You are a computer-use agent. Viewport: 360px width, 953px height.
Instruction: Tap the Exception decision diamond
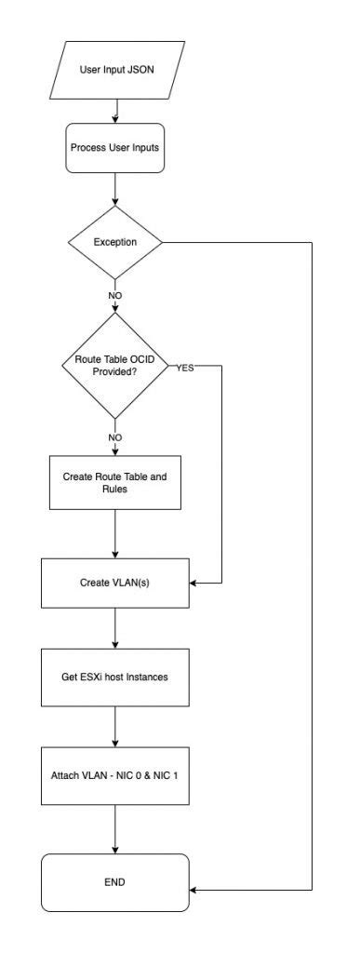(115, 242)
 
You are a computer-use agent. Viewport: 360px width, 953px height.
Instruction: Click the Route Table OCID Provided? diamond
(115, 366)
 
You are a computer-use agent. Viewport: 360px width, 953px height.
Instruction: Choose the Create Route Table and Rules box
(115, 482)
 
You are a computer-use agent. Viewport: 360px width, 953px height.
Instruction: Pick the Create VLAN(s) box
(115, 584)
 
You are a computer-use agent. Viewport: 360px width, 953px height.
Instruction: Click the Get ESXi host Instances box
(115, 669)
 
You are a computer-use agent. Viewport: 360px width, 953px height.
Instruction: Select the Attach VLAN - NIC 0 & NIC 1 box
(115, 773)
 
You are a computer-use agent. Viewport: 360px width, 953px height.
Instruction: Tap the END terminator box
(115, 881)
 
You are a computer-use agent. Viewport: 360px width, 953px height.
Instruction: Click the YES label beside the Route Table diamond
(184, 368)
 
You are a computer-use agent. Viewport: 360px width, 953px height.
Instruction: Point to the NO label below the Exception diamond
(115, 295)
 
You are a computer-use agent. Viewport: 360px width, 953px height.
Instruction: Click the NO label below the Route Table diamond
(115, 435)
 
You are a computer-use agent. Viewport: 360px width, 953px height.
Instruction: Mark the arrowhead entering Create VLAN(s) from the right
(193, 584)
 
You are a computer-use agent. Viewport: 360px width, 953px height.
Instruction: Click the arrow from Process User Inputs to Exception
(115, 191)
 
